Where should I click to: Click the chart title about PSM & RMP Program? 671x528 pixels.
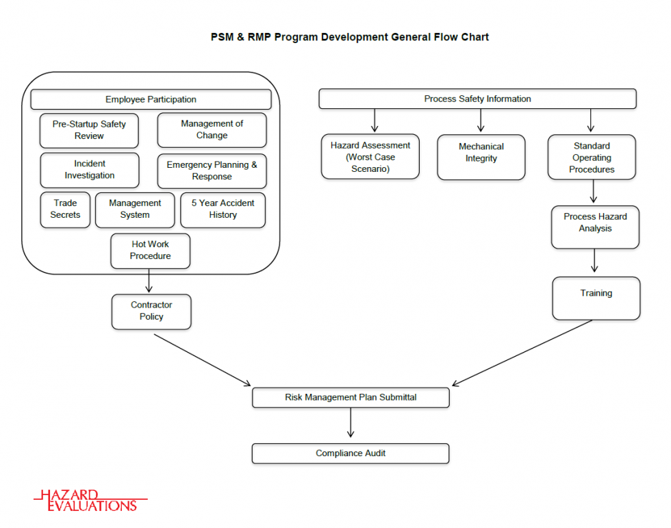pyautogui.click(x=350, y=37)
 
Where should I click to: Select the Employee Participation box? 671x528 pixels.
pyautogui.click(x=151, y=99)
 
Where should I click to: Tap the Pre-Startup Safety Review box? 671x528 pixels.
pyautogui.click(x=89, y=130)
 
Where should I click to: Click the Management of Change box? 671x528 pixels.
pyautogui.click(x=212, y=129)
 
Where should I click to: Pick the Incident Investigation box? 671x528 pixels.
pyautogui.click(x=89, y=170)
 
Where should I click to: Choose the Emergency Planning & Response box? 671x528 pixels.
pyautogui.click(x=212, y=171)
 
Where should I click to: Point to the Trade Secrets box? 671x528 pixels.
pyautogui.click(x=65, y=209)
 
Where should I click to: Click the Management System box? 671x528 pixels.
pyautogui.click(x=135, y=209)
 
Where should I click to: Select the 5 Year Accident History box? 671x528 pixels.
pyautogui.click(x=223, y=209)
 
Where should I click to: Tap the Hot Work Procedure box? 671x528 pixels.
pyautogui.click(x=150, y=250)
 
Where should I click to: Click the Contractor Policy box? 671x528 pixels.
pyautogui.click(x=151, y=311)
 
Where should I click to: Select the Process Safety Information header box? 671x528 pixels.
pyautogui.click(x=477, y=99)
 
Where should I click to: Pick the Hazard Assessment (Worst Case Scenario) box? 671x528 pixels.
pyautogui.click(x=370, y=157)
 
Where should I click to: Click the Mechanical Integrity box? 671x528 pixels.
pyautogui.click(x=481, y=157)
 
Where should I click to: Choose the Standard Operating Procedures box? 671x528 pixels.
pyautogui.click(x=592, y=157)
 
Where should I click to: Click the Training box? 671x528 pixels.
pyautogui.click(x=596, y=298)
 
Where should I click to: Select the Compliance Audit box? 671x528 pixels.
pyautogui.click(x=351, y=453)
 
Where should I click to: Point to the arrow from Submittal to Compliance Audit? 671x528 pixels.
pyautogui.click(x=351, y=423)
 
